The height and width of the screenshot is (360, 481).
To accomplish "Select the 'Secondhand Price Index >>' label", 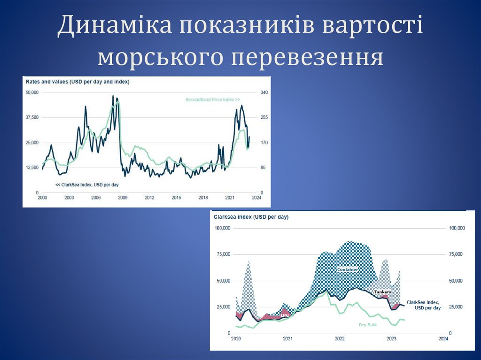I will [x=213, y=100].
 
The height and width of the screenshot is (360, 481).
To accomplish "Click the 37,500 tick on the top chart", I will [x=32, y=117].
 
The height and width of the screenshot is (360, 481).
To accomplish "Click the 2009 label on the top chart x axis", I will [x=122, y=198].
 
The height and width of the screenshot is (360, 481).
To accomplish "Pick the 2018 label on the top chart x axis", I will [x=203, y=198].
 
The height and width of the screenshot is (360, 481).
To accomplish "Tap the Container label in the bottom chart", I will [x=348, y=269].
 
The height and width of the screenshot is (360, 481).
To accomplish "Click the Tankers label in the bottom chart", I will [x=383, y=292].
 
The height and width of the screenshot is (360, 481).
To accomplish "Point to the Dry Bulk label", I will [x=368, y=324].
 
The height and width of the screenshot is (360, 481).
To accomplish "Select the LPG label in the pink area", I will [x=284, y=315].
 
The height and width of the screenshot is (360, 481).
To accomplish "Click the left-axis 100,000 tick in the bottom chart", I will [x=222, y=228].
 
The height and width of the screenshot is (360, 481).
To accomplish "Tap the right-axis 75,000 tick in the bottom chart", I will [x=457, y=254].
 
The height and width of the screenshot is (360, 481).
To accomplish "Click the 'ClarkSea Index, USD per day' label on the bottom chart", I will [x=423, y=305].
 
